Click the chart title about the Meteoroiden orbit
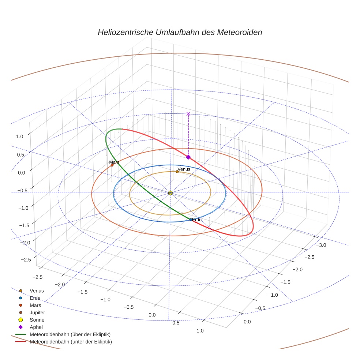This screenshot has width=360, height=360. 180,32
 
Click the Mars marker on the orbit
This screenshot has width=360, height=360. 112,165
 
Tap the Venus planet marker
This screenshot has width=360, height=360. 177,171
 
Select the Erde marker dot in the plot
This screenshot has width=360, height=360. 191,220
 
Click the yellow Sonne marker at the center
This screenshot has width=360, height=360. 170,192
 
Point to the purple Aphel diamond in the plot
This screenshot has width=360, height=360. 188,157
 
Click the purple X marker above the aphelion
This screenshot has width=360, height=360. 188,114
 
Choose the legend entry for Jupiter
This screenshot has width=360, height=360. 37,312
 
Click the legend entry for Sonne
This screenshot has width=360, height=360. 37,320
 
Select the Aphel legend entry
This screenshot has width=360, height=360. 36,327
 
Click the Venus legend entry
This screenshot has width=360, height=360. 37,291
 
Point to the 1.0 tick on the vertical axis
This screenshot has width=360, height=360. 19,136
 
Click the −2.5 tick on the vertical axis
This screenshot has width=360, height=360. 26,259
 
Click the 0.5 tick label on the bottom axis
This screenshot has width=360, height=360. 176,323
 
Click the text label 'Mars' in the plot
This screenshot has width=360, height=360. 114,162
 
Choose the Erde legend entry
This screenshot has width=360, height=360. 35,298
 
